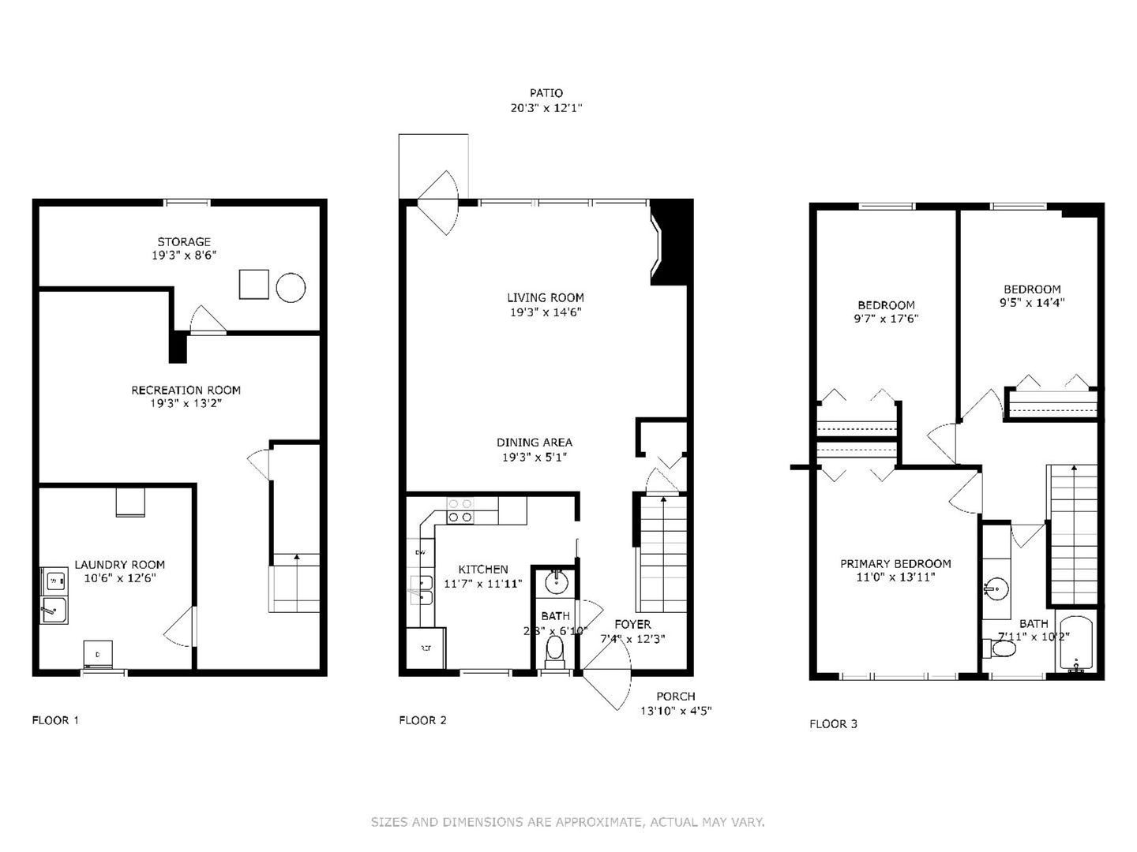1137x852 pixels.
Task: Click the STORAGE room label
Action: pos(184,241)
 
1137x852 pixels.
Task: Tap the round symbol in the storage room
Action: pos(291,286)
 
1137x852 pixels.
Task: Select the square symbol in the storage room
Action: pos(254,285)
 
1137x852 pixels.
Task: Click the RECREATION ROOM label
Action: pos(186,390)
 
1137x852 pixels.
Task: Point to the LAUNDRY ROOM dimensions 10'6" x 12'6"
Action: pos(119,578)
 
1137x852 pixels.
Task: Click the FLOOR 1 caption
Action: pos(55,719)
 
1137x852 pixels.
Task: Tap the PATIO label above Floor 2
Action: pos(546,93)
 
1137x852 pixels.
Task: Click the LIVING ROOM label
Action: pos(546,297)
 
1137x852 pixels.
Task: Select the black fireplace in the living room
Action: pos(672,241)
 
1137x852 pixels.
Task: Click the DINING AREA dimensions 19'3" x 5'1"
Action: pos(535,457)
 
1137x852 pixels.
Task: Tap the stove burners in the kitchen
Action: pos(460,510)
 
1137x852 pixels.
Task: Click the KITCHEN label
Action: pos(483,569)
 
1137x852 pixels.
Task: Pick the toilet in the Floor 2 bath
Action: pos(555,649)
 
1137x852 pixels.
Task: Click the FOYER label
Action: pos(632,624)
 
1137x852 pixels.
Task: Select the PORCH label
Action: pos(676,696)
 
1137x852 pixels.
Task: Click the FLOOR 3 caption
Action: pos(833,723)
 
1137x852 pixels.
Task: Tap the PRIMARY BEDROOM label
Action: pos(895,563)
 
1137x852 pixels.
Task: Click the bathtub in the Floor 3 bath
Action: pos(1075,643)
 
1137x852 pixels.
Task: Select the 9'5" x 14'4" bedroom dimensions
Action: pos(1032,302)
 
